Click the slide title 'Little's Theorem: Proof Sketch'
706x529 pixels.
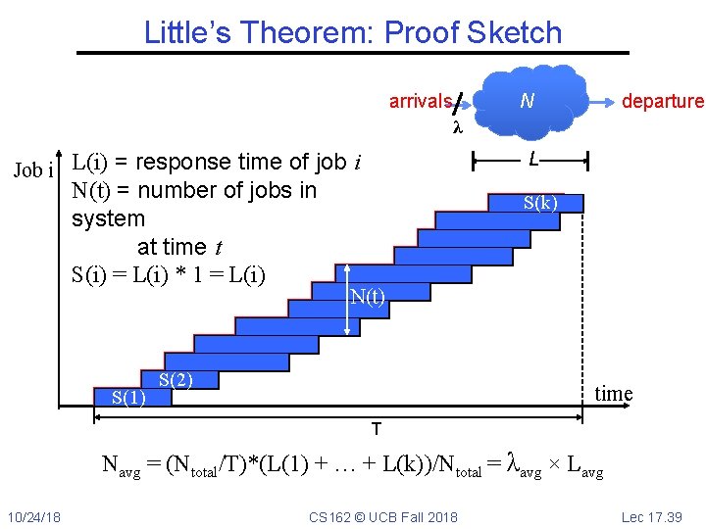click(x=353, y=32)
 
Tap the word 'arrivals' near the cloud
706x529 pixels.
click(x=420, y=101)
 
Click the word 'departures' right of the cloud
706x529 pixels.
click(x=663, y=101)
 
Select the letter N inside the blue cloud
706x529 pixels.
click(x=527, y=100)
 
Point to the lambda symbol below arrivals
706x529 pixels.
click(x=456, y=128)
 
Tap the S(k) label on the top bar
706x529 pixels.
click(x=540, y=203)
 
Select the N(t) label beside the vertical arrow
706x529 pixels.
click(x=368, y=297)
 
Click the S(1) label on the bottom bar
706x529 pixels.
click(x=128, y=397)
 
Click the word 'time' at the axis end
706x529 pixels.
click(x=614, y=394)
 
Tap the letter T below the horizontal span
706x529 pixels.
click(x=376, y=429)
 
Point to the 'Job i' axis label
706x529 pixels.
click(x=33, y=170)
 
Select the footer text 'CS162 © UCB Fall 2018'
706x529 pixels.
click(x=382, y=516)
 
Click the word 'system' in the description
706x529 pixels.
click(x=108, y=218)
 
